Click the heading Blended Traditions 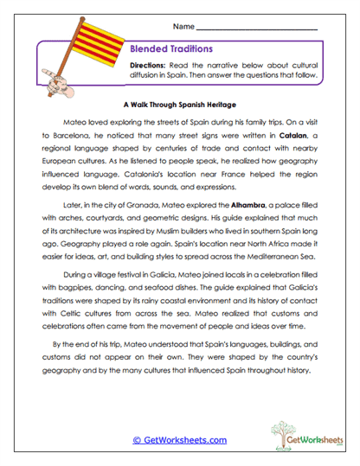[171, 49]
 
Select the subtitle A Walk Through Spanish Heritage [179, 101]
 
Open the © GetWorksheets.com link [180, 439]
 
